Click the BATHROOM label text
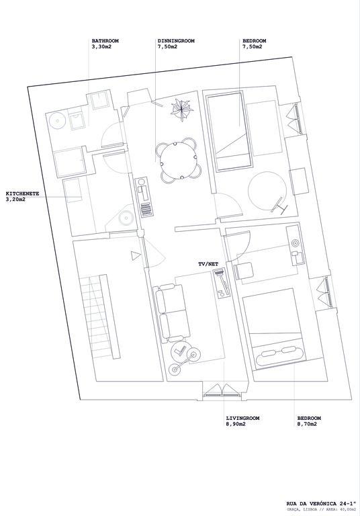(x=105, y=41)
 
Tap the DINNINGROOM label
(x=176, y=41)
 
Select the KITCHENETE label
(x=22, y=193)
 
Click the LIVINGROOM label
(x=243, y=418)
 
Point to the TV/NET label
(x=208, y=264)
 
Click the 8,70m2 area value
(x=307, y=424)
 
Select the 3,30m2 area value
(x=101, y=47)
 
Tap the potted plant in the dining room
(x=181, y=110)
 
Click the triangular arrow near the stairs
(x=135, y=255)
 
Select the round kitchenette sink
(x=126, y=217)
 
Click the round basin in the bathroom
(x=58, y=121)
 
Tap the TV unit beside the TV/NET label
(x=221, y=284)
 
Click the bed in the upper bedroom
(x=229, y=132)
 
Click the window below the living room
(x=222, y=391)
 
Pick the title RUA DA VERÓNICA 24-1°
(x=321, y=503)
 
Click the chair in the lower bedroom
(x=244, y=271)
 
